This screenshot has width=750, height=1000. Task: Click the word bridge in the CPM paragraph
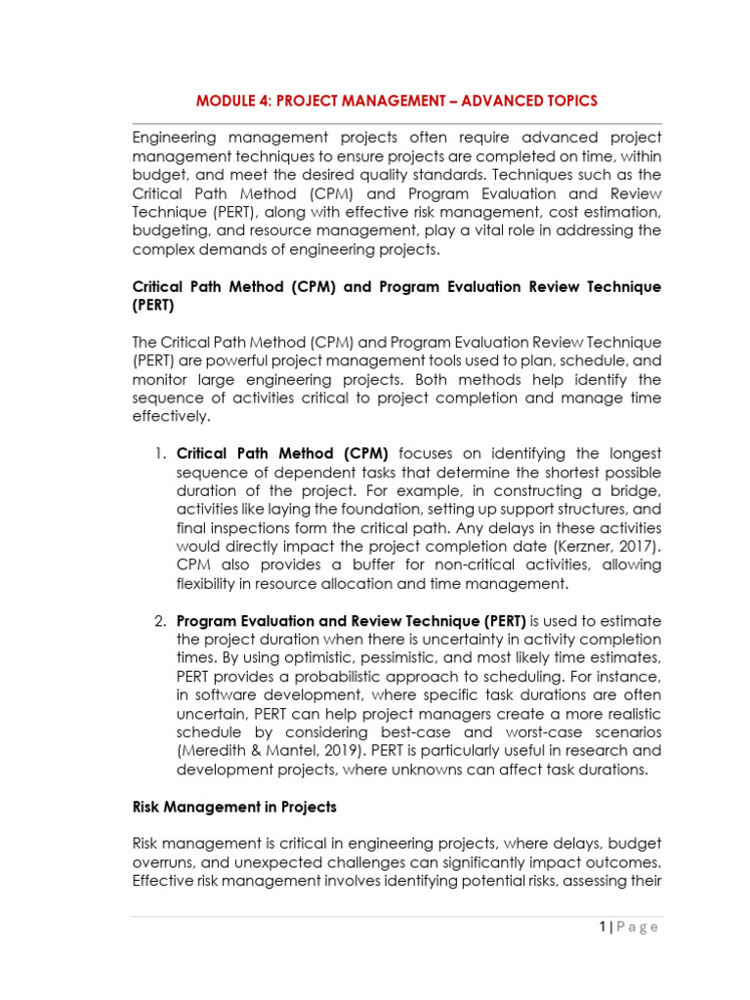(x=636, y=490)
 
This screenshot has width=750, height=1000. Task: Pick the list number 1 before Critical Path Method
(x=160, y=453)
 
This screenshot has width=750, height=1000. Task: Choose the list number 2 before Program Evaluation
(x=160, y=620)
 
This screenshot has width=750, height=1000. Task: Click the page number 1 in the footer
(x=604, y=927)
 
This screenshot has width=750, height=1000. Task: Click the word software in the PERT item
(x=228, y=694)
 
